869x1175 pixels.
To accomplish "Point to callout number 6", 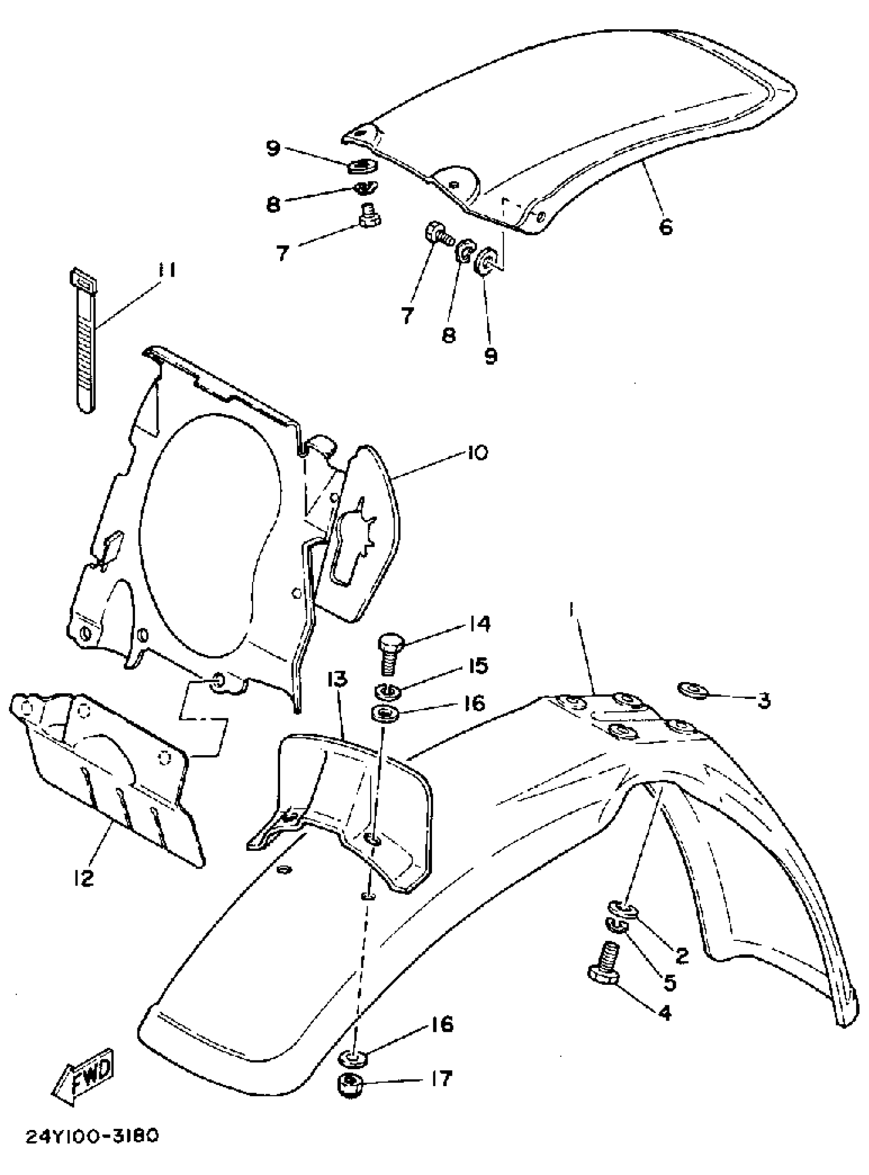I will pyautogui.click(x=666, y=228).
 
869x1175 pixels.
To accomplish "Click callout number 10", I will pyautogui.click(x=476, y=453).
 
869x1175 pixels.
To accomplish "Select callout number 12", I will pyautogui.click(x=83, y=878).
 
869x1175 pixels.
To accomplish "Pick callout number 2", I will pyautogui.click(x=681, y=956).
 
